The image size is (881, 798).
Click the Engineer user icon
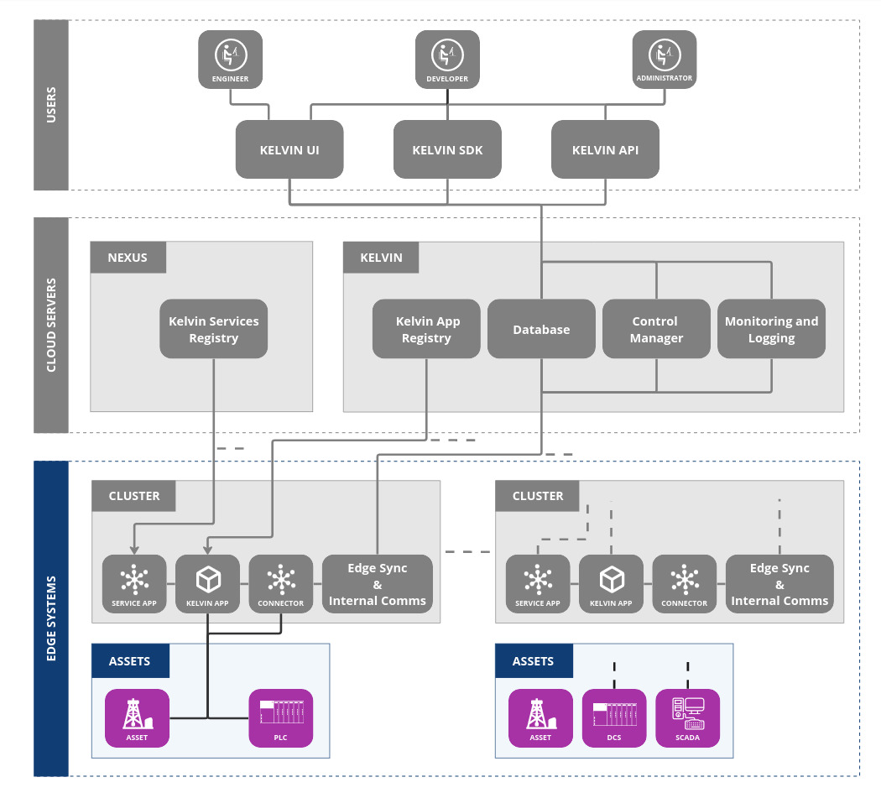click(x=230, y=59)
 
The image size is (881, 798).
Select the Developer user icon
click(x=447, y=59)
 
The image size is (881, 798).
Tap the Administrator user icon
click(x=664, y=59)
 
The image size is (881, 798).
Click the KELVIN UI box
click(x=289, y=150)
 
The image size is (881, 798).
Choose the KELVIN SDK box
click(x=447, y=150)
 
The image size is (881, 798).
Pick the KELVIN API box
click(x=605, y=150)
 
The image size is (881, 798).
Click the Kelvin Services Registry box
click(x=214, y=329)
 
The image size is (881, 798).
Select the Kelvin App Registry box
click(x=426, y=329)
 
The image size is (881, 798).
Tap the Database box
click(x=541, y=329)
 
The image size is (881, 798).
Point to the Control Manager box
click(x=656, y=329)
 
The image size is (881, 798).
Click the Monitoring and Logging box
click(x=771, y=329)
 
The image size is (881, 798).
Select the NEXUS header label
click(x=128, y=258)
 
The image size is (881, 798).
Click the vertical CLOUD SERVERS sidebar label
click(x=50, y=325)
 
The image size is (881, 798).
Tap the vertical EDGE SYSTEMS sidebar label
click(x=50, y=618)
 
